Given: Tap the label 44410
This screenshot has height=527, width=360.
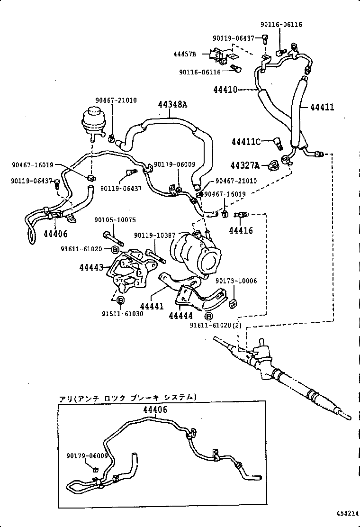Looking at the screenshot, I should [225, 89].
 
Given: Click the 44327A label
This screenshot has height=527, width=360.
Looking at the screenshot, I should [245, 165].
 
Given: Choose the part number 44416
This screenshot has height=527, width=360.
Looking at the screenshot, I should [241, 231].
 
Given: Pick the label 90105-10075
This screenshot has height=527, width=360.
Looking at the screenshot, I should [115, 220].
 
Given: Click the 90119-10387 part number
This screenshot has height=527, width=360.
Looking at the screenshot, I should [154, 236].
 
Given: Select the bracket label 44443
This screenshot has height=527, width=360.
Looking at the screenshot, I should [91, 268].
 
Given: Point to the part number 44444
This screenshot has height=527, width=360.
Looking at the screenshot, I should [180, 315].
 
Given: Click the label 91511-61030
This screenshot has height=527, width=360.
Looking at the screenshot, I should [122, 314].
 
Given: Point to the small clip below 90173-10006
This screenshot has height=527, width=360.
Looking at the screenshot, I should [233, 303].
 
